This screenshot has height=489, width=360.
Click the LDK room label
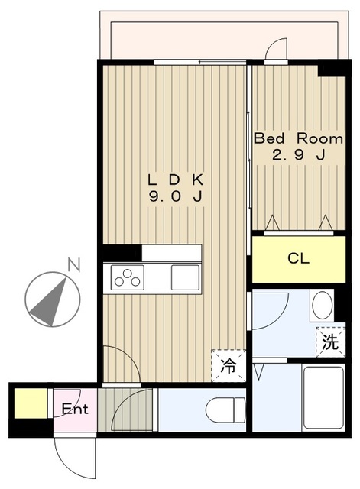(176, 180)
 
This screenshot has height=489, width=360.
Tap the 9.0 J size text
(176, 197)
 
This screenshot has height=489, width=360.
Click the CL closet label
(298, 258)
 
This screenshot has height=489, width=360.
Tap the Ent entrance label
(75, 409)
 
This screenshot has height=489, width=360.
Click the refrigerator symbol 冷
(228, 365)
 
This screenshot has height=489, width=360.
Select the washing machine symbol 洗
(329, 343)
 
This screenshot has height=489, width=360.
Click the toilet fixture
(224, 410)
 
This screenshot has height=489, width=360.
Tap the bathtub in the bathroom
(324, 397)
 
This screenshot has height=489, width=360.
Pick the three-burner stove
(128, 278)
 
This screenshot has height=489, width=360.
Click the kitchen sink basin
(186, 277)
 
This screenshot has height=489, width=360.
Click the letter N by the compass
(73, 265)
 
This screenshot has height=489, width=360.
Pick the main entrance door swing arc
(76, 458)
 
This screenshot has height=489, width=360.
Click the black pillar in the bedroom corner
(332, 68)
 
